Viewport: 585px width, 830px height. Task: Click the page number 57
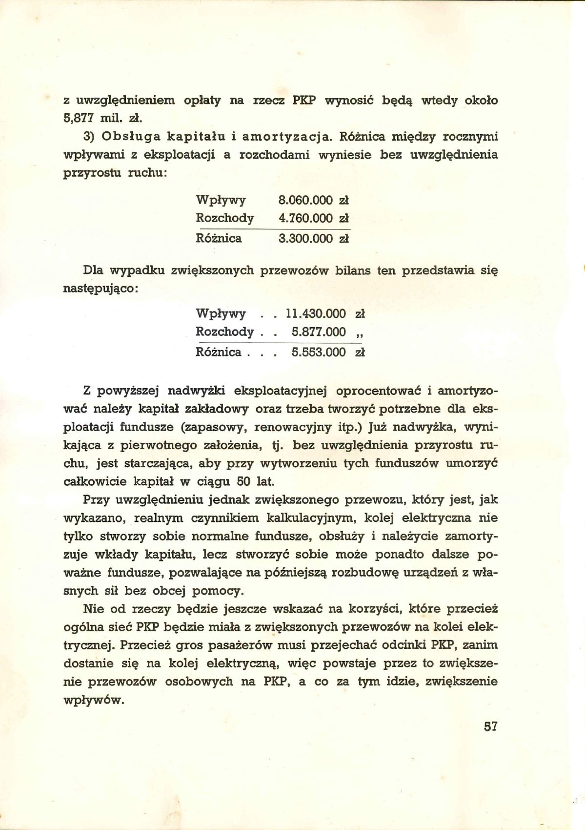(490, 726)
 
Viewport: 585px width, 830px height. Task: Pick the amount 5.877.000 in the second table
(318, 332)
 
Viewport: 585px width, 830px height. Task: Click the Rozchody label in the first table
(225, 218)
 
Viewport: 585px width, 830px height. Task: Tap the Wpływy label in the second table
(221, 313)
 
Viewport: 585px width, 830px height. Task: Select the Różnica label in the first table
(219, 239)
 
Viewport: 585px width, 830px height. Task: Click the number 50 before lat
(243, 481)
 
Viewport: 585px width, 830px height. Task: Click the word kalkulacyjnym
(310, 518)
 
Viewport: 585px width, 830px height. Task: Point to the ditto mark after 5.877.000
(360, 334)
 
